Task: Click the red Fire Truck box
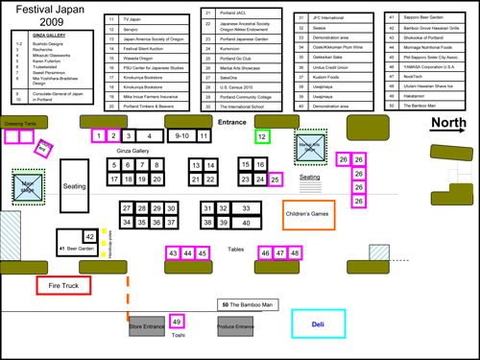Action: (x=62, y=285)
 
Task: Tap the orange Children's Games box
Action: (x=308, y=215)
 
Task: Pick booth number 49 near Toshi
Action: (x=177, y=321)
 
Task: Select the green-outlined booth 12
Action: (x=262, y=137)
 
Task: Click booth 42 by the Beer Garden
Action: (x=89, y=236)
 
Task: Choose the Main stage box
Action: (x=27, y=185)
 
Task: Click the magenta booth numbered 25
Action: (x=276, y=180)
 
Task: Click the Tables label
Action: (x=235, y=249)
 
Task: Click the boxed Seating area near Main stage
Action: (x=75, y=186)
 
